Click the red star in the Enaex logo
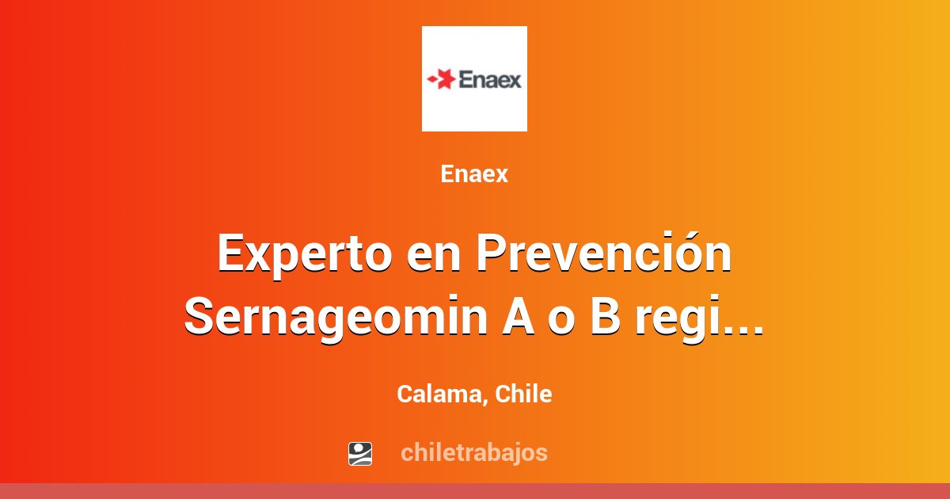[x=444, y=79]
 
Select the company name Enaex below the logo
[x=474, y=174]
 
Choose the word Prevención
[x=605, y=253]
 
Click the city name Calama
[x=438, y=394]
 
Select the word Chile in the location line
[x=523, y=394]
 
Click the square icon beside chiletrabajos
[x=360, y=453]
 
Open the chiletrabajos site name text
[x=474, y=453]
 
